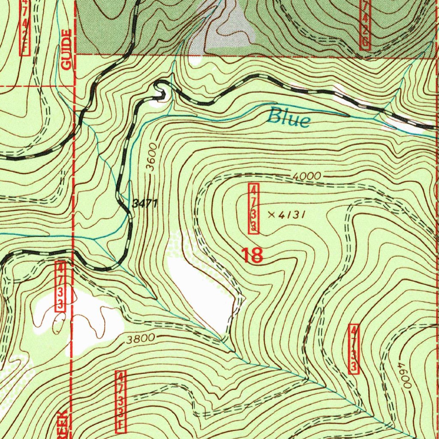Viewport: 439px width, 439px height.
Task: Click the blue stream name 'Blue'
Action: (289, 117)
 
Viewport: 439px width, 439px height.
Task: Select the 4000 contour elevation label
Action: (307, 176)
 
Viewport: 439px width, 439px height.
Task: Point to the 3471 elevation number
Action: (145, 204)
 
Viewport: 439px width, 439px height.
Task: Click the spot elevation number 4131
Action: (292, 215)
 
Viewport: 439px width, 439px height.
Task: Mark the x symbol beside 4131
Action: (271, 215)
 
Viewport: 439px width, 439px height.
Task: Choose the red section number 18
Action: (252, 255)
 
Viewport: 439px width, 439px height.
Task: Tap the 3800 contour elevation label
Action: (140, 339)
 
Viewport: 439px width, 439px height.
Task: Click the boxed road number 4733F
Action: (121, 401)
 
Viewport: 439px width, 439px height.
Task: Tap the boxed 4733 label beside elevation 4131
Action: (254, 208)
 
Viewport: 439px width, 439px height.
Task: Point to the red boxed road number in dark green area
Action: (365, 25)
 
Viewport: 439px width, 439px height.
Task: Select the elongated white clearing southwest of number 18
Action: (199, 292)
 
